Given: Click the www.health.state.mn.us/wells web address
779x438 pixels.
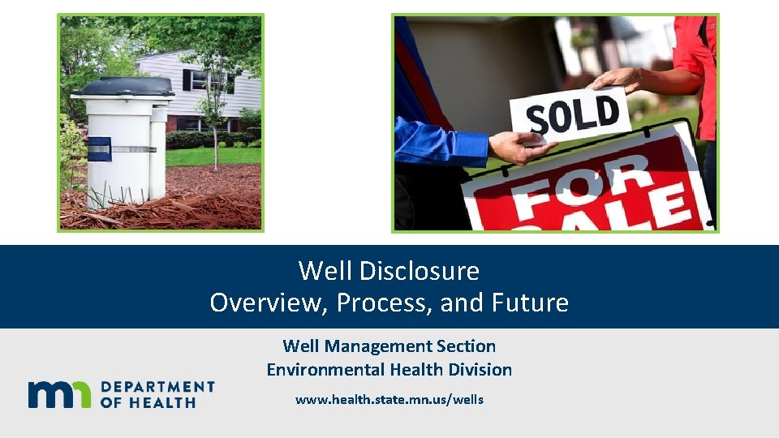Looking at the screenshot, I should pyautogui.click(x=389, y=399).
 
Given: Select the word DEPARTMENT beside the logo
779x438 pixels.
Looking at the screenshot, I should pyautogui.click(x=157, y=388).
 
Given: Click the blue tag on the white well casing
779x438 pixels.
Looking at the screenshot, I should pyautogui.click(x=99, y=149).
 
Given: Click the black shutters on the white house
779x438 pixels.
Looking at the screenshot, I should pyautogui.click(x=187, y=79).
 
